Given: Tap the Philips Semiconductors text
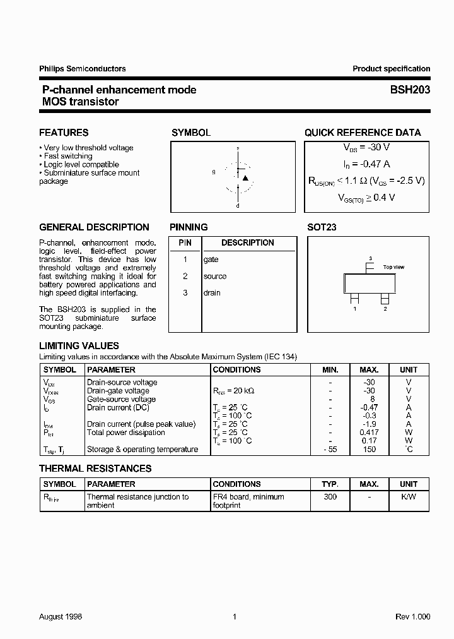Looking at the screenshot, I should coord(82,69).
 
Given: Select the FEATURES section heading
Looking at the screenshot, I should coord(64,133).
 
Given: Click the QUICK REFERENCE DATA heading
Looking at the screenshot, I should coord(363,133).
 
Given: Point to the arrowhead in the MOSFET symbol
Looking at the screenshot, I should coord(245,178).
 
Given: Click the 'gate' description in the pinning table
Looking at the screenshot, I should coord(211,260).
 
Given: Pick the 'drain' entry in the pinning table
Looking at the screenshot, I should coord(212,292).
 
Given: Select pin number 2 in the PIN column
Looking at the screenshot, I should coord(185,276).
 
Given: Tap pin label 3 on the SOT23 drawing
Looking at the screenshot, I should coord(370,258).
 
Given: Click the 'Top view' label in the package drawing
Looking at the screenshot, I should coord(393,267).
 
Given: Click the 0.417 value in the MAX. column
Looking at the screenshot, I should coord(369,433).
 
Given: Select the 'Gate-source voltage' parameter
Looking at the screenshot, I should coord(121,399).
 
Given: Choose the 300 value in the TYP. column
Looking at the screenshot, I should coord(330,497).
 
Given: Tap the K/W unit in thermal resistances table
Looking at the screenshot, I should coord(408,497).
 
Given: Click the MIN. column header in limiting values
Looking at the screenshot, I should coord(330,369).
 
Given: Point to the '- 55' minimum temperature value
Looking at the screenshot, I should coord(330,450).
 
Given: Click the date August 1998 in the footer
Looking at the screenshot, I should coord(61,616).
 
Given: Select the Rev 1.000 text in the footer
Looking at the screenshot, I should coord(413,616).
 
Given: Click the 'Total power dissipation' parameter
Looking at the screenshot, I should coord(125,433).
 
